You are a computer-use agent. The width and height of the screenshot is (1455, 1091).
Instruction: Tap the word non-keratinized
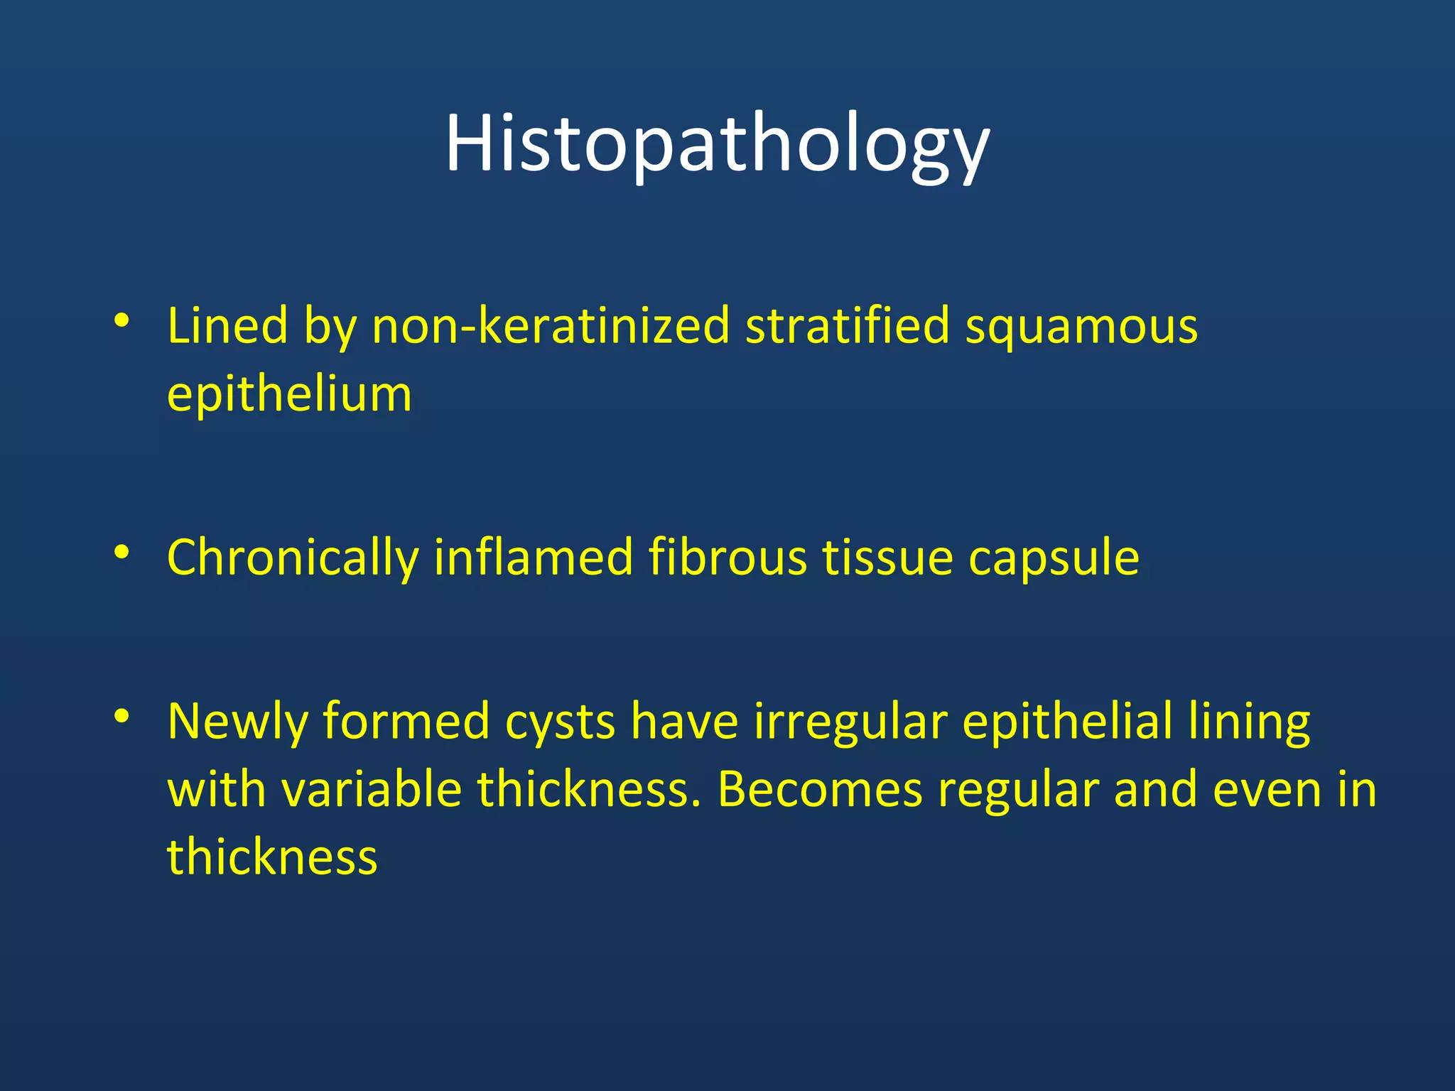point(551,326)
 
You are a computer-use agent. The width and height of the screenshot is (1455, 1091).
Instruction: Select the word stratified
point(847,326)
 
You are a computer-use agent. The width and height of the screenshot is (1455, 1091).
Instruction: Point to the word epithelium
point(289,395)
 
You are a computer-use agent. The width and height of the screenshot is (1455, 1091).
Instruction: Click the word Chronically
point(292,558)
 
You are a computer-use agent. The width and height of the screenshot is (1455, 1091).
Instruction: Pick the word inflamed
point(533,558)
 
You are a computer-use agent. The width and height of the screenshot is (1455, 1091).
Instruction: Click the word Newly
point(237,722)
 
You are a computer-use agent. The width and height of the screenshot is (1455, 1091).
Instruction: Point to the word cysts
point(560,722)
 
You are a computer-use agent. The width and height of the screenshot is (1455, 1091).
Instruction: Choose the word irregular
point(850,722)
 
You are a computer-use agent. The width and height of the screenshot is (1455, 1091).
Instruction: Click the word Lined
point(227,326)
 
